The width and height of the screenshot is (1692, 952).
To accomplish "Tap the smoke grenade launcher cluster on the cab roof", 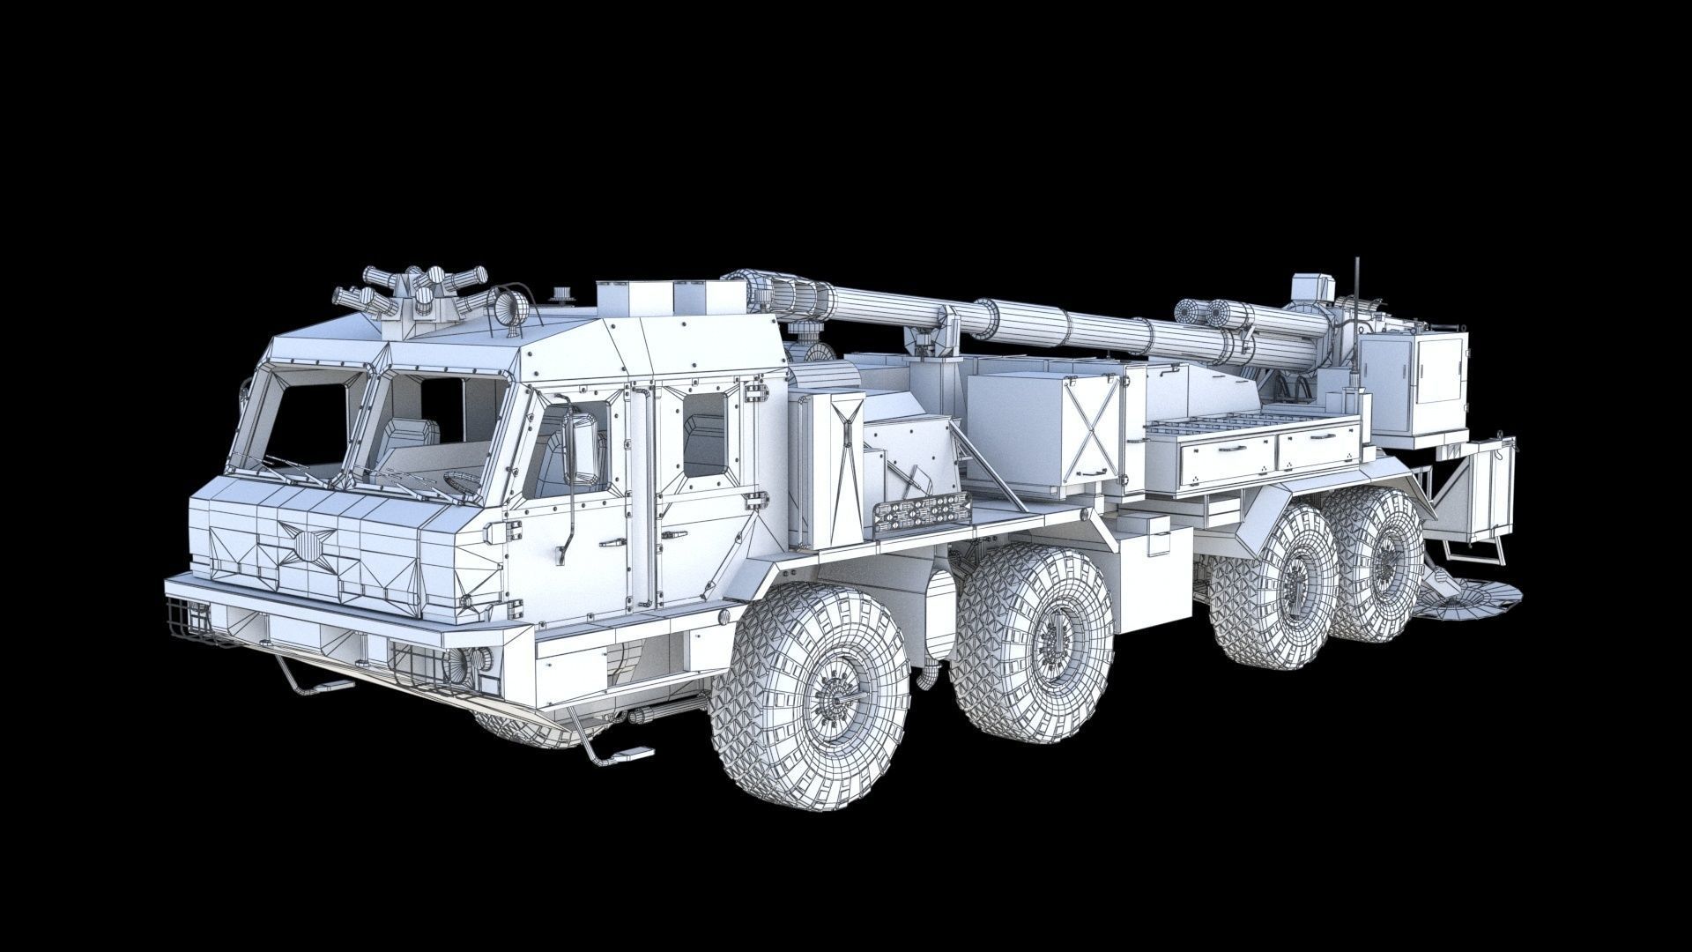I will click(414, 295).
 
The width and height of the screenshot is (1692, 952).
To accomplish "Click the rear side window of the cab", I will click(704, 434).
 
